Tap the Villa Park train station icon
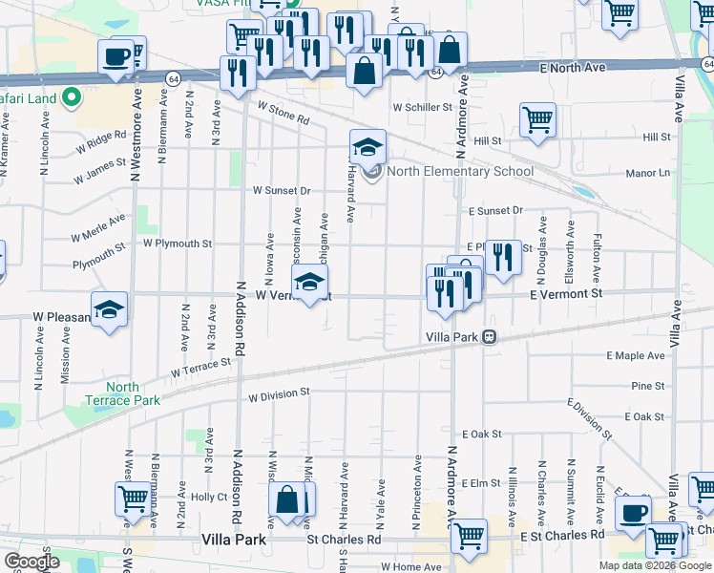[488, 337]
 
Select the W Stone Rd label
[283, 115]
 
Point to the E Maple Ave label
[635, 355]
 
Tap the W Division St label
[279, 393]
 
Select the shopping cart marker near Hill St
[537, 119]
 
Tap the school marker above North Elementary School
[367, 146]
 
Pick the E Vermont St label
[567, 295]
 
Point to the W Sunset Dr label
[282, 190]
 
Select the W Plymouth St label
[177, 244]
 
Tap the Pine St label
[647, 386]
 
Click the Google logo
[31, 562]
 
